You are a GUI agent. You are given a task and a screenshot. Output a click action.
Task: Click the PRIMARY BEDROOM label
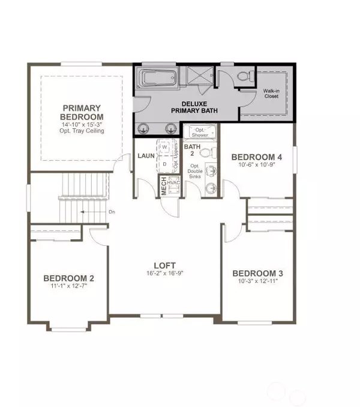point(83,112)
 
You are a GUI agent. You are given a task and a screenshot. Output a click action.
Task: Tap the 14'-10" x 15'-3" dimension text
point(83,125)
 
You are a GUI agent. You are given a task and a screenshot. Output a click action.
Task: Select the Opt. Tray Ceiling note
point(83,131)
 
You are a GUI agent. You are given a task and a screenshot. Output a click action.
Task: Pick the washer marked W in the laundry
point(164,146)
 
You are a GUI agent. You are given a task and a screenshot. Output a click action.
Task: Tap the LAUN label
point(146,155)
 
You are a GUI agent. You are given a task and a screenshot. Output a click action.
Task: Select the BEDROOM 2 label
point(68,278)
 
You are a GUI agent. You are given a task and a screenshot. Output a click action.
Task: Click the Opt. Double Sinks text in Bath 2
point(194,172)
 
